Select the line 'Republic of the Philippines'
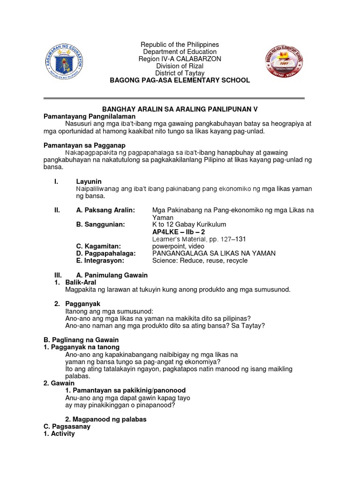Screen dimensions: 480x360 click(x=180, y=45)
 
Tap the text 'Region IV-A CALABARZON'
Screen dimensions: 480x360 click(x=180, y=59)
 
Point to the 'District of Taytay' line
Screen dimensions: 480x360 click(x=180, y=73)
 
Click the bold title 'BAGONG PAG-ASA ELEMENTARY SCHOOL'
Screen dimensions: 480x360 click(x=180, y=81)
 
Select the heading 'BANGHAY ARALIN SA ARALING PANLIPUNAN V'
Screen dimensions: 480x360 click(x=180, y=109)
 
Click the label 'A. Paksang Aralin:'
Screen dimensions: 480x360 click(x=105, y=210)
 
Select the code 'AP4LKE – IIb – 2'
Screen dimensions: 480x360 click(x=179, y=232)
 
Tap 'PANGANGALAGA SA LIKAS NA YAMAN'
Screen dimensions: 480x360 click(x=214, y=253)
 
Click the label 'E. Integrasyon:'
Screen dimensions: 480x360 click(x=100, y=261)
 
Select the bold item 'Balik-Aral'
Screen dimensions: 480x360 click(x=81, y=282)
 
